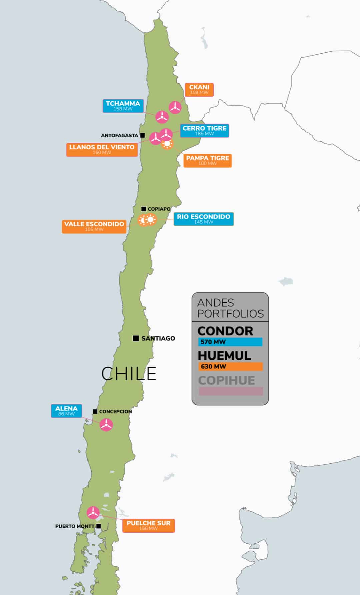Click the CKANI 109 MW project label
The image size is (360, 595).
click(199, 90)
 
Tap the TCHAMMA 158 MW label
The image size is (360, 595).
click(123, 106)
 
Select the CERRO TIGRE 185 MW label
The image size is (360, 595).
click(204, 131)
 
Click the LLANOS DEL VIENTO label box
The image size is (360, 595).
click(102, 150)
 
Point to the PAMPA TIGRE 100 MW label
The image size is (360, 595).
click(207, 161)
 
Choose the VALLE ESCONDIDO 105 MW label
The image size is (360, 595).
click(94, 227)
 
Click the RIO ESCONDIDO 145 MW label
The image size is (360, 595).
click(203, 219)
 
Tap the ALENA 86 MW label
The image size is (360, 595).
click(66, 411)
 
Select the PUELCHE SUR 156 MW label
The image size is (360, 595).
click(148, 525)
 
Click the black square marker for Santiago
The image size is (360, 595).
click(136, 338)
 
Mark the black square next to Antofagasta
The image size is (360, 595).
click(143, 135)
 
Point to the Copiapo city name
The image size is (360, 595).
click(159, 209)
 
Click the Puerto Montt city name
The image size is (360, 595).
click(75, 526)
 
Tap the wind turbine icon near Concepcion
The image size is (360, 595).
click(106, 425)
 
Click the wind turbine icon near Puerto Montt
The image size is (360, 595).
click(93, 512)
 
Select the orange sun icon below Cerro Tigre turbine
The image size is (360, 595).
click(167, 144)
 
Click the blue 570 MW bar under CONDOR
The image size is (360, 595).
click(230, 342)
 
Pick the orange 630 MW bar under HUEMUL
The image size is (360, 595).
click(230, 366)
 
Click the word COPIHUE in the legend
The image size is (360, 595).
click(226, 380)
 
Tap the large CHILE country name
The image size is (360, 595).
click(129, 373)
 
